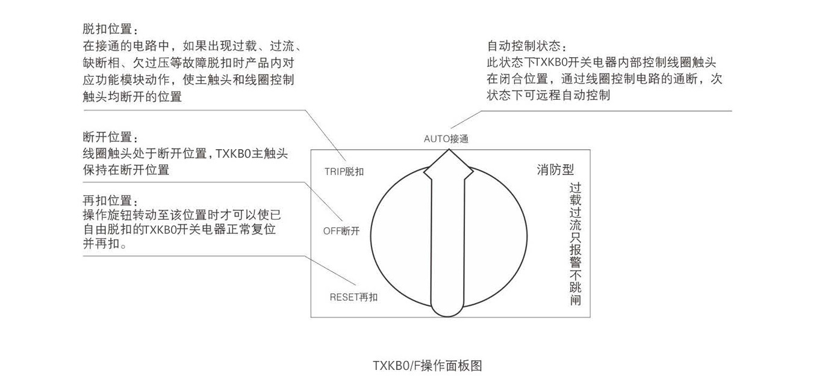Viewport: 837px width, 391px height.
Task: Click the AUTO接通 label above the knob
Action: click(x=446, y=139)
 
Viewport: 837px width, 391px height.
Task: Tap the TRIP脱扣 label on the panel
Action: click(x=344, y=171)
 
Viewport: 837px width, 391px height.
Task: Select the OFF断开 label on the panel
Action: click(x=341, y=231)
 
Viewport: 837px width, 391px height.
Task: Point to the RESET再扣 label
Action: click(x=353, y=297)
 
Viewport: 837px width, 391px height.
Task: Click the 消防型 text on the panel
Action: click(x=555, y=170)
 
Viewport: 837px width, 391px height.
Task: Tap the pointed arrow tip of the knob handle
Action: click(x=449, y=150)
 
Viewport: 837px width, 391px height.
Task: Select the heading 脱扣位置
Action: click(x=110, y=29)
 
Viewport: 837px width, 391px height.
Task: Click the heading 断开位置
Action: click(x=110, y=137)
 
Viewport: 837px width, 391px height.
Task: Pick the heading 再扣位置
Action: click(x=110, y=200)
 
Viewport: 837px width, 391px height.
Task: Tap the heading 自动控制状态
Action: click(x=527, y=46)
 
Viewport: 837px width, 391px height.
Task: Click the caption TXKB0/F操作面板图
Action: click(x=428, y=366)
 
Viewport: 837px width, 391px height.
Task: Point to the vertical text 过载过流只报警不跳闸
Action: click(x=576, y=244)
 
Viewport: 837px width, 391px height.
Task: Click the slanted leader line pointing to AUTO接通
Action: click(x=466, y=120)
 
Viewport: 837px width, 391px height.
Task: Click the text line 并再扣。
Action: click(x=105, y=244)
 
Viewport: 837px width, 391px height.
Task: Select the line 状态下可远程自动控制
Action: click(x=548, y=95)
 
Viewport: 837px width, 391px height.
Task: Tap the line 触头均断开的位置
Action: click(x=132, y=97)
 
